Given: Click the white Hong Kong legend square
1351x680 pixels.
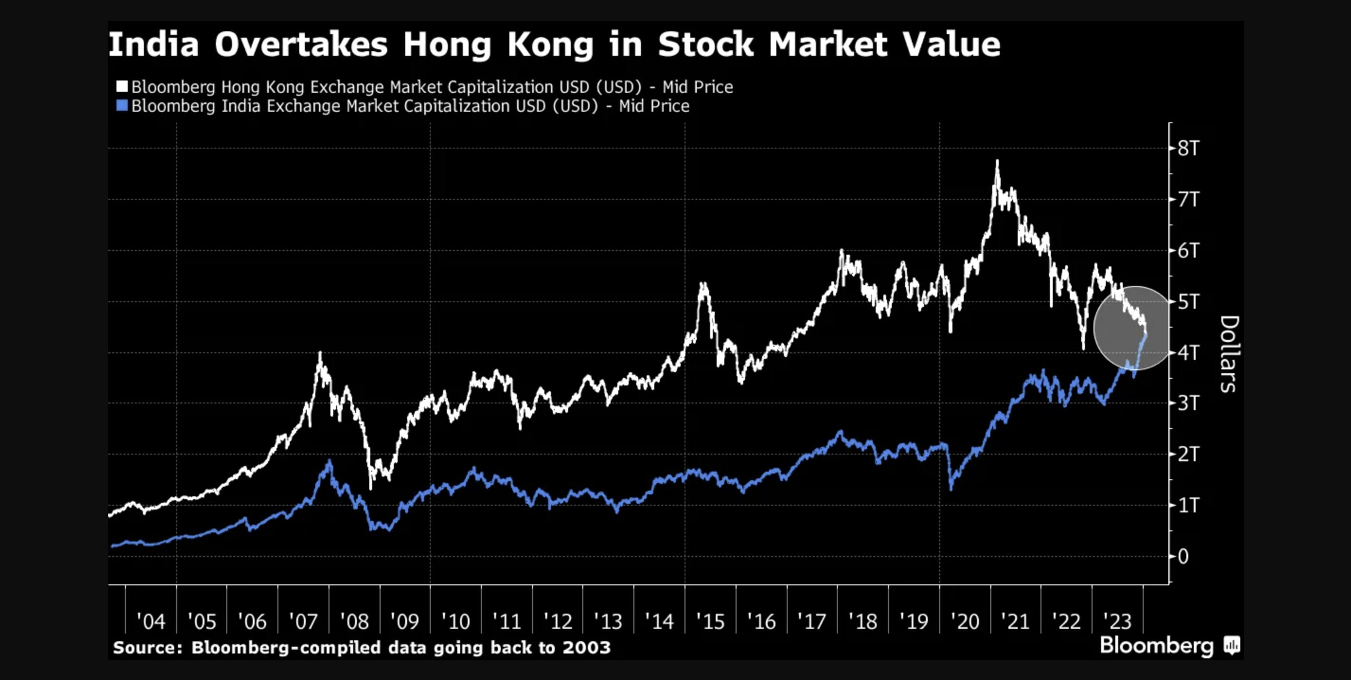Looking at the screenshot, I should [x=122, y=87].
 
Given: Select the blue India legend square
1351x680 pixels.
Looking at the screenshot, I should [x=122, y=106].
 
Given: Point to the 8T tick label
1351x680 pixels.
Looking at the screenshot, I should [x=1188, y=149].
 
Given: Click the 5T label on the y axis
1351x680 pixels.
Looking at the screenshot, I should [x=1188, y=302].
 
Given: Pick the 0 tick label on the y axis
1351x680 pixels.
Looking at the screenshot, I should [x=1183, y=557].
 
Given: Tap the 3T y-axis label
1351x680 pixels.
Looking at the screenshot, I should [x=1188, y=403].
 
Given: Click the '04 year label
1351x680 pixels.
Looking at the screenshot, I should [x=151, y=622].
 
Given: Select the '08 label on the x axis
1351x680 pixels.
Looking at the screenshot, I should [x=354, y=622].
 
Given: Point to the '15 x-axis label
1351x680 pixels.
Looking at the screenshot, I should [x=710, y=622].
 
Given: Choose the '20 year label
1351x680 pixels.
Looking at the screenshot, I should [x=965, y=622].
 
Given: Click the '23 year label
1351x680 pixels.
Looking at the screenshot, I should [x=1117, y=622].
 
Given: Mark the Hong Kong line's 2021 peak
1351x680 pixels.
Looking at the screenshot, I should [x=997, y=161].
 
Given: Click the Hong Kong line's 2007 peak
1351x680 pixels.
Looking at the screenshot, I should [x=320, y=353].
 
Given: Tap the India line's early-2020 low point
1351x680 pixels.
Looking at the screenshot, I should [x=951, y=489].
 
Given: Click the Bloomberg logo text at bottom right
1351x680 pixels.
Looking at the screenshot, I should [x=1156, y=645].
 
